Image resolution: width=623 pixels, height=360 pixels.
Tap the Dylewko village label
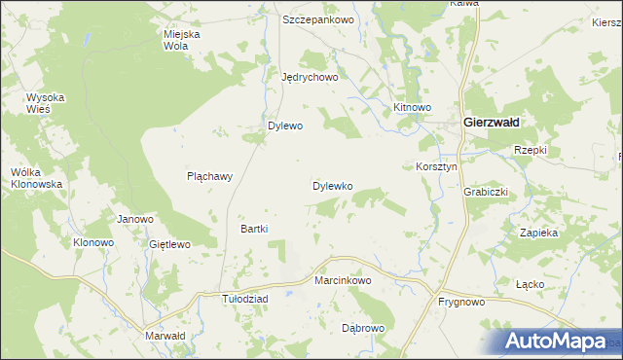[332, 185]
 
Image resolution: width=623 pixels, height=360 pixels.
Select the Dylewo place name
[286, 126]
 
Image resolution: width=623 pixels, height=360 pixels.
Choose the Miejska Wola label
[181, 40]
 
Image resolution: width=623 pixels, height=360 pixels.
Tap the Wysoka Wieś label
[45, 103]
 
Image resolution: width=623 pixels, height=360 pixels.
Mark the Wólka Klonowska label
[36, 178]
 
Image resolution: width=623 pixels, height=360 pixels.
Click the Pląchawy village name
[209, 177]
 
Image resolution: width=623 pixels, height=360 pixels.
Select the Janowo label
[135, 219]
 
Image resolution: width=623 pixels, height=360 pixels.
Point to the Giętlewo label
[169, 244]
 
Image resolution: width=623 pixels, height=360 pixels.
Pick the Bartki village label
[254, 229]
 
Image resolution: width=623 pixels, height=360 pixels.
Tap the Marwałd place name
[165, 336]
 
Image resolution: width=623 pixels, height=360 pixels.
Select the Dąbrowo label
[363, 329]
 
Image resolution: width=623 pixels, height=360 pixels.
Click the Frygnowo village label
[461, 303]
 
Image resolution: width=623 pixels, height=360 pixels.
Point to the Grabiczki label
[486, 192]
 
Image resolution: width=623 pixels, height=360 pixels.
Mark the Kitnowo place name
[411, 105]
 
